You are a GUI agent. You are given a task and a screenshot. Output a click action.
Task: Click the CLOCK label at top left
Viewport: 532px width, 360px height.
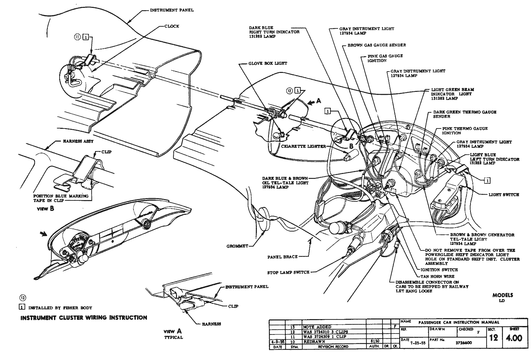coord(172,26)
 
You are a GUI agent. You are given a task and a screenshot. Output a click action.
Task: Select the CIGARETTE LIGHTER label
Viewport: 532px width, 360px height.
coord(303,146)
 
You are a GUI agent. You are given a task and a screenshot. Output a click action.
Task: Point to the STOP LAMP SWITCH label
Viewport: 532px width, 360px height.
coord(288,272)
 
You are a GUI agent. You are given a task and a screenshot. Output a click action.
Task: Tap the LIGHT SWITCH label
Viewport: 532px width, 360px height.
coord(504,195)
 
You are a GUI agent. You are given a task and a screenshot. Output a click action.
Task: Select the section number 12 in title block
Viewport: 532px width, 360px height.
coord(493,337)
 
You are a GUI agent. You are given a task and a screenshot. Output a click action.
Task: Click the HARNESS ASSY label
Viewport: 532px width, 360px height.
coord(78,141)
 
